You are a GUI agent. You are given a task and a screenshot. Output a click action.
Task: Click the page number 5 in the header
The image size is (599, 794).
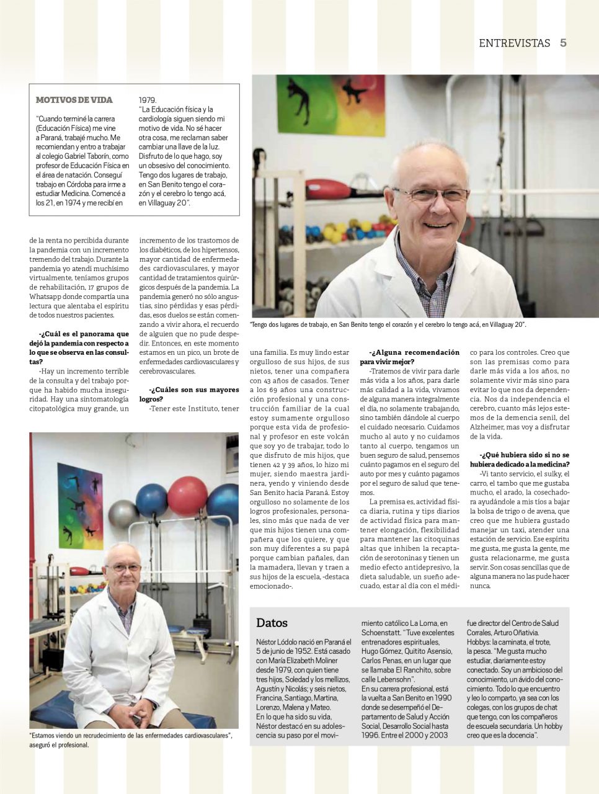point(563,43)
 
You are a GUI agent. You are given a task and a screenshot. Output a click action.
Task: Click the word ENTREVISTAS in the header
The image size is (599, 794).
point(515,43)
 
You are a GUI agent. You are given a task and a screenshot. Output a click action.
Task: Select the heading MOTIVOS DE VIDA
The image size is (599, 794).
point(74,100)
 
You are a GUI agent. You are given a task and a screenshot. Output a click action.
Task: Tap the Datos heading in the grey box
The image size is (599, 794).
point(272,623)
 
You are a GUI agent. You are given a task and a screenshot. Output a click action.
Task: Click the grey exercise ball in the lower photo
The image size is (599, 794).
point(123,514)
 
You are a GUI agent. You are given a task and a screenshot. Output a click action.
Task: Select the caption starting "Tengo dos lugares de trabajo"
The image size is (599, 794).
point(388,324)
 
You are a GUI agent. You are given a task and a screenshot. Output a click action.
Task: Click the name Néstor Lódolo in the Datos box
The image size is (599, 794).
point(277,640)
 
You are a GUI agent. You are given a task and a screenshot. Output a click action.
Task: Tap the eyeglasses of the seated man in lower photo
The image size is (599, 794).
point(122,567)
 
